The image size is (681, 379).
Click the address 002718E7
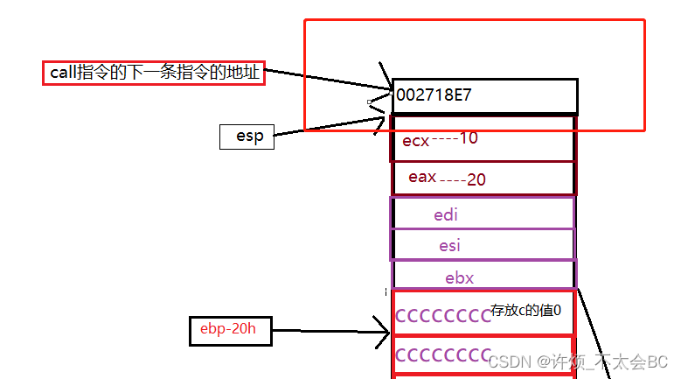[x=434, y=95]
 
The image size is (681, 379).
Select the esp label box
[x=247, y=137]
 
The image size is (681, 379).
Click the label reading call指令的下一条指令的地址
[x=154, y=74]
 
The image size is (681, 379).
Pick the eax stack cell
[x=483, y=178]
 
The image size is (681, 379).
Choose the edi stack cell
[x=483, y=214]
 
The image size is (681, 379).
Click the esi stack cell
[x=483, y=246]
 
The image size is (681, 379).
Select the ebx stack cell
[x=483, y=277]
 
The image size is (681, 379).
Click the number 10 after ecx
[x=468, y=138]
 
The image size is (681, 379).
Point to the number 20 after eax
[x=476, y=179]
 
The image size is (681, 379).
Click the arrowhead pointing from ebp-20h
[x=384, y=331]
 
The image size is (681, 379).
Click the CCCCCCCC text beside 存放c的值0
[x=442, y=316]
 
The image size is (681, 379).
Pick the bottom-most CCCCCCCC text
[x=442, y=355]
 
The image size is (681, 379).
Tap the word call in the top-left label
[x=63, y=74]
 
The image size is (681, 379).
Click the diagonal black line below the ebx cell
[x=595, y=333]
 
